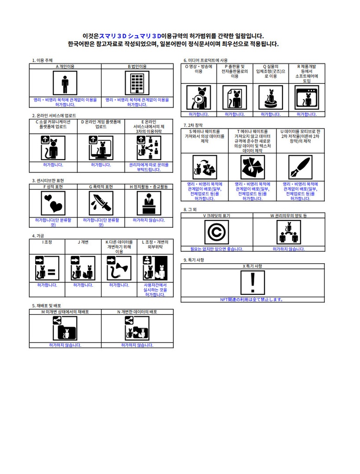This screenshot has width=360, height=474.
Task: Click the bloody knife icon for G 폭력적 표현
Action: [101, 203]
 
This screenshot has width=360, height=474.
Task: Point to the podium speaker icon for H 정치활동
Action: [149, 203]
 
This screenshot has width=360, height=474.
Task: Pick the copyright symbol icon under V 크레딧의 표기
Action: [216, 232]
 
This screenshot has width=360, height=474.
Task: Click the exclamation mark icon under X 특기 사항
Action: [253, 282]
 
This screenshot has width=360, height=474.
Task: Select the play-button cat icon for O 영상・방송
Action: [198, 97]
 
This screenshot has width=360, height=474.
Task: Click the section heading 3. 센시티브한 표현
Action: [48, 181]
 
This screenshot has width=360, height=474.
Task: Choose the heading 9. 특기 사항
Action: [194, 260]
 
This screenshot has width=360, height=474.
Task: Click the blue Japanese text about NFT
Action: [253, 299]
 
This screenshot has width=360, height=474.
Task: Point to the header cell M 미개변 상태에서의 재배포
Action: [65, 312]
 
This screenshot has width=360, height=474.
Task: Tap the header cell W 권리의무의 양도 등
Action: [289, 216]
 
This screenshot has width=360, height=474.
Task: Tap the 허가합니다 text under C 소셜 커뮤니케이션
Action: [53, 164]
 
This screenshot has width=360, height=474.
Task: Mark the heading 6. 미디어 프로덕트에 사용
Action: [206, 60]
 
